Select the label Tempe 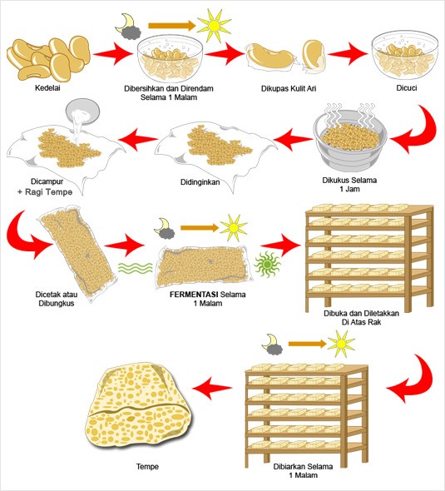coord(146,466)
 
